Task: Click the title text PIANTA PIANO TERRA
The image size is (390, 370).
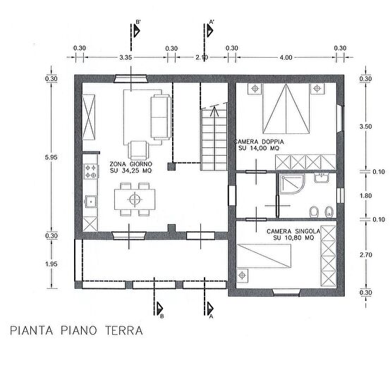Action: (77, 330)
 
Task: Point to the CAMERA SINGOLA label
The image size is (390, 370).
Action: (294, 231)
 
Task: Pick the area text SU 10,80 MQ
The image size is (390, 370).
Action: (294, 238)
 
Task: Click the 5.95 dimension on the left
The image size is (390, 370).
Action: (50, 158)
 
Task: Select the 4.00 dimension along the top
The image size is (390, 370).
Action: (285, 57)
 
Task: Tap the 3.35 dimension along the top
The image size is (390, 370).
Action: (126, 57)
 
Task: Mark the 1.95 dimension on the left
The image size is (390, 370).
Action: (50, 264)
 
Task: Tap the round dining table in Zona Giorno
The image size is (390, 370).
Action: (132, 199)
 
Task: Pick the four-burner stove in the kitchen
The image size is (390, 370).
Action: (90, 170)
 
